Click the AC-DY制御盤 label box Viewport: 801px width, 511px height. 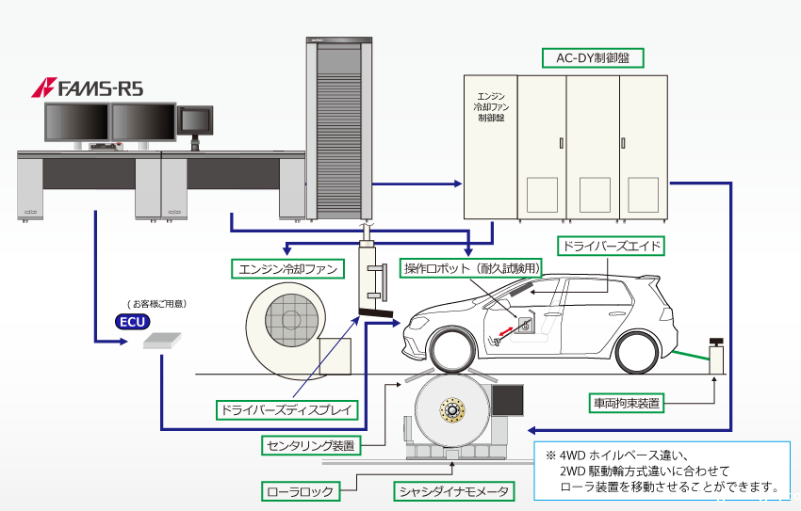coord(592,57)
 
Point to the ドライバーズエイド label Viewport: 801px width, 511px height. coord(611,247)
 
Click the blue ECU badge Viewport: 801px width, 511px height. coord(132,322)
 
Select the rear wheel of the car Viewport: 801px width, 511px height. coord(646,351)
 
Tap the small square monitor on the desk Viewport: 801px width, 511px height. coord(196,121)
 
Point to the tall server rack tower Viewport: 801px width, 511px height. coord(335,129)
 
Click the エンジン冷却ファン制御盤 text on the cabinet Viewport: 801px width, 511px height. coord(491,107)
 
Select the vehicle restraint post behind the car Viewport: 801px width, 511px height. coord(717,355)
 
